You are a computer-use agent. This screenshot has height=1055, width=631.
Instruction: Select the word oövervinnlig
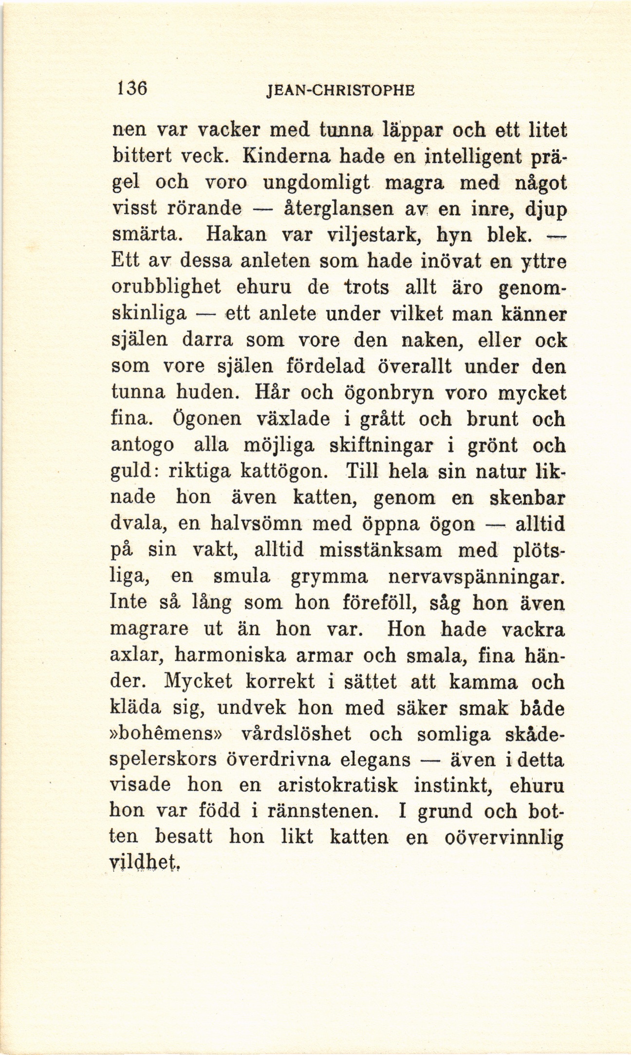[505, 838]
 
